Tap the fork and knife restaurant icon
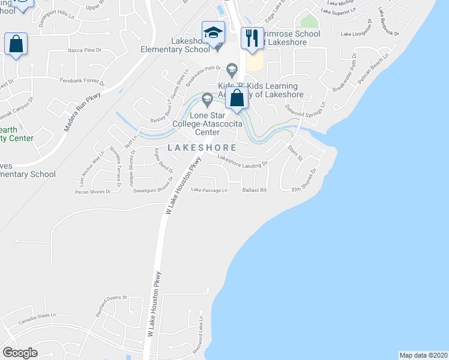(252, 38)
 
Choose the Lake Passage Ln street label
(209, 190)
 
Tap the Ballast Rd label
(254, 190)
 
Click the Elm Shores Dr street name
(304, 182)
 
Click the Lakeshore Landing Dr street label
(242, 161)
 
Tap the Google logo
(20, 352)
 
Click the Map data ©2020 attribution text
(423, 355)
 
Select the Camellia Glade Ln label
(37, 315)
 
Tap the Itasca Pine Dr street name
(83, 52)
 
